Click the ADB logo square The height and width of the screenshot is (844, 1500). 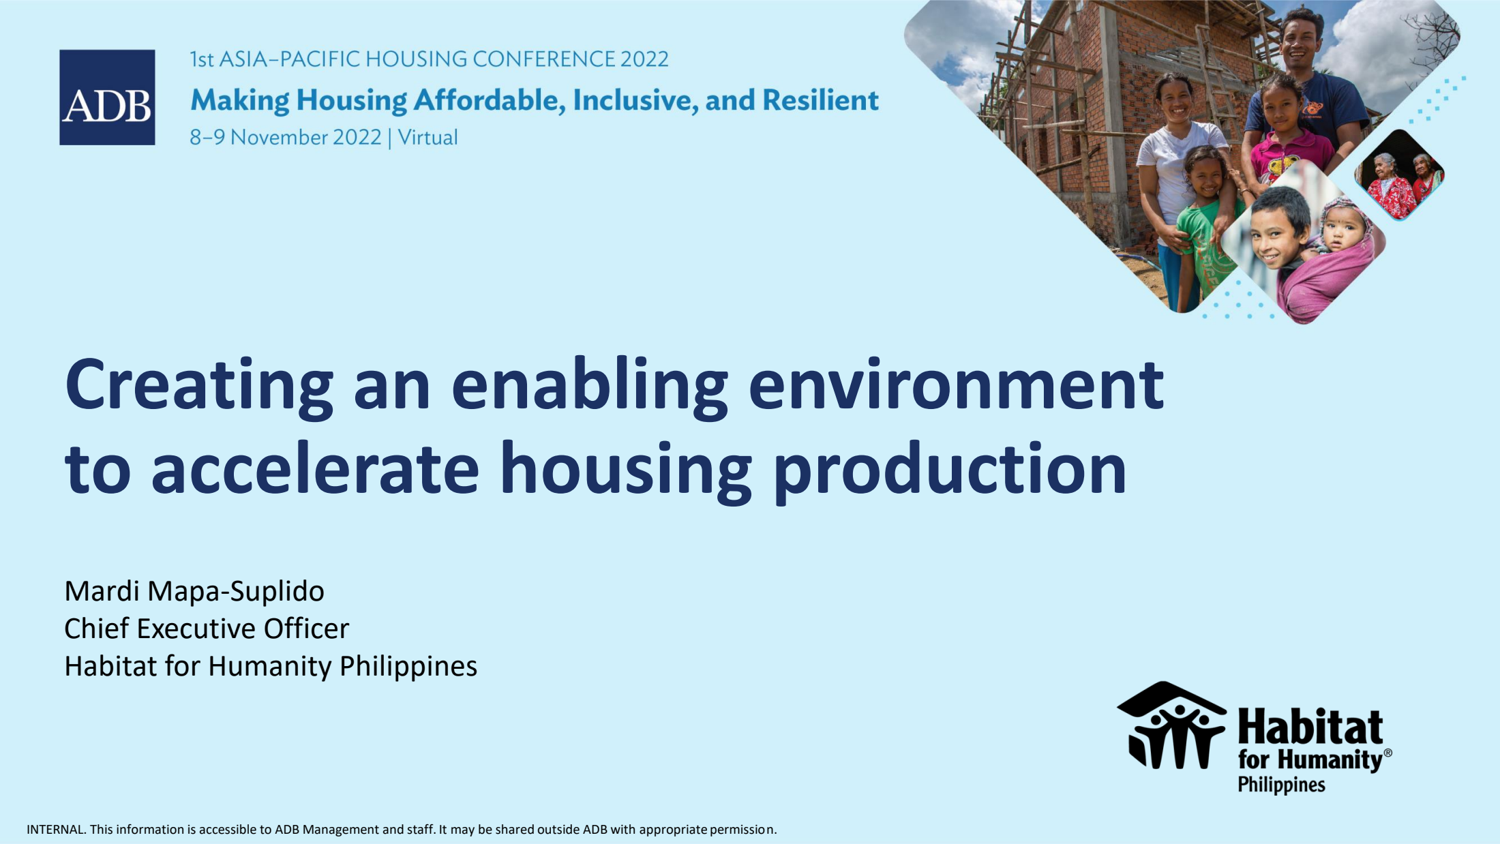click(107, 97)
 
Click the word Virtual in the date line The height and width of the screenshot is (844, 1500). click(427, 138)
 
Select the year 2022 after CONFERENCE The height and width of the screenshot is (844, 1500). click(644, 59)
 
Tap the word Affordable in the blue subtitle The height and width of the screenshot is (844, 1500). click(490, 100)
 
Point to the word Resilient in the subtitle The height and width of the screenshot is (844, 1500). click(821, 100)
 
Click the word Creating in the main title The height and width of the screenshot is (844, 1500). click(199, 385)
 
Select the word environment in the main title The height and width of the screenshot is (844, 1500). click(956, 385)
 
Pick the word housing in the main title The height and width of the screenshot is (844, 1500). click(626, 470)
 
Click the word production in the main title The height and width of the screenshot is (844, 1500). click(950, 470)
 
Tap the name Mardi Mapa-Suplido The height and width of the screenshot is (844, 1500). click(194, 591)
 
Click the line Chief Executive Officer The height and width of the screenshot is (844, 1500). click(207, 629)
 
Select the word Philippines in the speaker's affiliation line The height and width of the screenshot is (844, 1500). click(408, 667)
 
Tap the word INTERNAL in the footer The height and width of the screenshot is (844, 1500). click(57, 830)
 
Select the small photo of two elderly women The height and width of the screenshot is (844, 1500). click(1399, 175)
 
